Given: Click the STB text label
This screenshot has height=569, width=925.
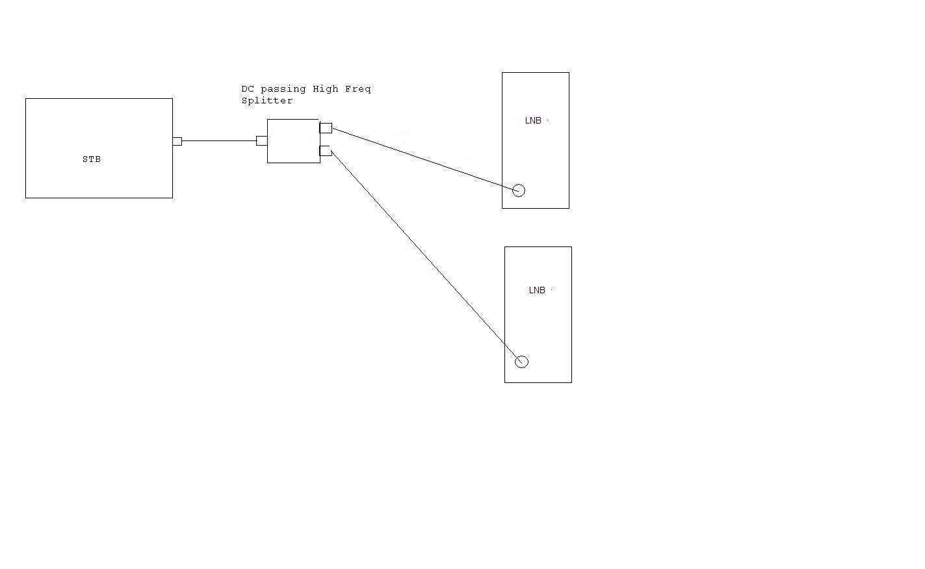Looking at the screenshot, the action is pos(92,159).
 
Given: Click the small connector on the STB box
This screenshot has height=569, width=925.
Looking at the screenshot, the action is pos(177,141).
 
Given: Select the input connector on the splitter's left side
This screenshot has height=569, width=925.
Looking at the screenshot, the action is pos(262,141).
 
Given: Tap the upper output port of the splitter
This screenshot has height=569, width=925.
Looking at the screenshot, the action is pos(326,128).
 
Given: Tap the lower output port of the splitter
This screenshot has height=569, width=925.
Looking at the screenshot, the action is pos(326,151).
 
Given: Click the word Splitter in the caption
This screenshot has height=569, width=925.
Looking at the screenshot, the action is pos(267,100).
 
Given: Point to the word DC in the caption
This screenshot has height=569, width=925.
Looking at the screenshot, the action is pos(248,89).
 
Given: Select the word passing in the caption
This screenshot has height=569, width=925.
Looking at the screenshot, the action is pos(283,89).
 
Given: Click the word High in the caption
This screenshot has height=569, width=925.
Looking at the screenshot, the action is pos(326,89).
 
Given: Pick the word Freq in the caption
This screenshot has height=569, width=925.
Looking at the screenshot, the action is pos(358,89).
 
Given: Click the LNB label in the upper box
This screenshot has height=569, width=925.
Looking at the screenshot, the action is pos(533,121).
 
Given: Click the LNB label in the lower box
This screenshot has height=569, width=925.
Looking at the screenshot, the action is pos(537,291).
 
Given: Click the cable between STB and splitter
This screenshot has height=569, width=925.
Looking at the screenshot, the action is pos(219,141).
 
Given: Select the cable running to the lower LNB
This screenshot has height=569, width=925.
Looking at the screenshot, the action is pos(426,257).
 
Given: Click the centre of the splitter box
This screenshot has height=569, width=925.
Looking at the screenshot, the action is pos(294,141).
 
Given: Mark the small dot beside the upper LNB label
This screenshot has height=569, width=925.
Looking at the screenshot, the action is pos(547,120).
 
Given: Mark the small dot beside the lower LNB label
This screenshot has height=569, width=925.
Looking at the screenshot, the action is pos(552,289).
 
